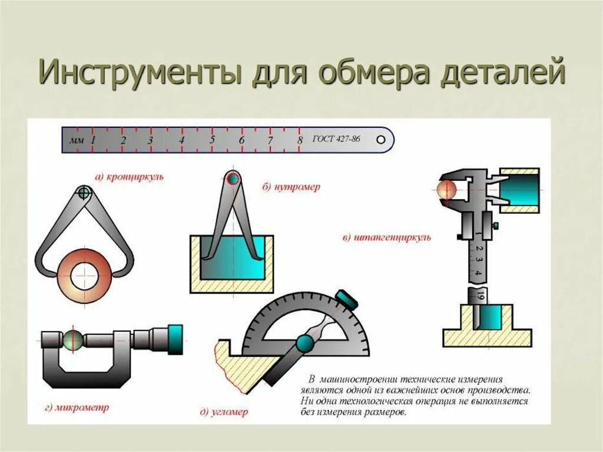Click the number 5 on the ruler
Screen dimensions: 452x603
tap(212, 141)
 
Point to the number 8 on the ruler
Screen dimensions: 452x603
tap(300, 141)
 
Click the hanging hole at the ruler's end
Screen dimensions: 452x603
tap(382, 140)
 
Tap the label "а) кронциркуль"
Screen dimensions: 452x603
tap(130, 176)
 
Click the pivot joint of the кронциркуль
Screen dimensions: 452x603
tap(84, 192)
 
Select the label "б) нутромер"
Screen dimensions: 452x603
tap(291, 187)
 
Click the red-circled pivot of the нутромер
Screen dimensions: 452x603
tap(233, 178)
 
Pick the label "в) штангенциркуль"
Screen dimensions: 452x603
tap(387, 238)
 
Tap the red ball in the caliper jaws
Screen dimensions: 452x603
tap(447, 189)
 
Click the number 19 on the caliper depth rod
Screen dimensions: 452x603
tap(481, 295)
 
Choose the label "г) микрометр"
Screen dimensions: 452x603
tap(75, 408)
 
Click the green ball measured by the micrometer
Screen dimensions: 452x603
tap(74, 339)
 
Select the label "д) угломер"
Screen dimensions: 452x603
tap(224, 411)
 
